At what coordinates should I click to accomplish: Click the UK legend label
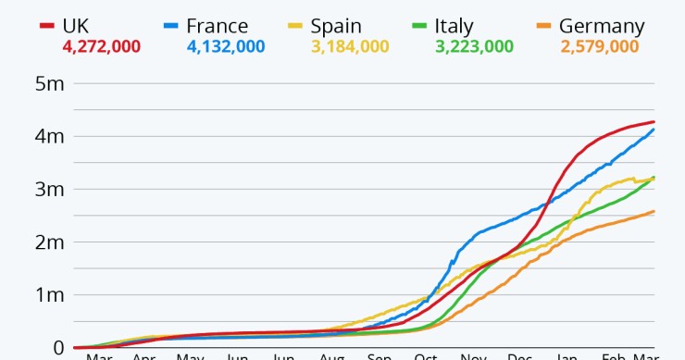(x=81, y=26)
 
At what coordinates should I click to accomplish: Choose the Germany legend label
(x=607, y=26)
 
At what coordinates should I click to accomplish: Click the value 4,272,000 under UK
(x=100, y=46)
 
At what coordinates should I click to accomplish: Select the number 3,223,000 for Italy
(x=475, y=46)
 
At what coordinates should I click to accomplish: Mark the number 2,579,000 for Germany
(x=600, y=46)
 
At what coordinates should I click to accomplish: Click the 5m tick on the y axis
(x=48, y=84)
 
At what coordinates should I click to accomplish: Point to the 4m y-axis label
(x=48, y=137)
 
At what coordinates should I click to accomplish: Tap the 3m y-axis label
(x=48, y=190)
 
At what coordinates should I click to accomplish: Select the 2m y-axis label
(x=48, y=242)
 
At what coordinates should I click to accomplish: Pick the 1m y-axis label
(x=48, y=295)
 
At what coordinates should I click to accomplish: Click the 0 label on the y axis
(x=57, y=348)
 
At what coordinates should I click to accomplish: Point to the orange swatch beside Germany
(x=545, y=26)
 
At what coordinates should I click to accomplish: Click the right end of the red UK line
(x=654, y=122)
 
